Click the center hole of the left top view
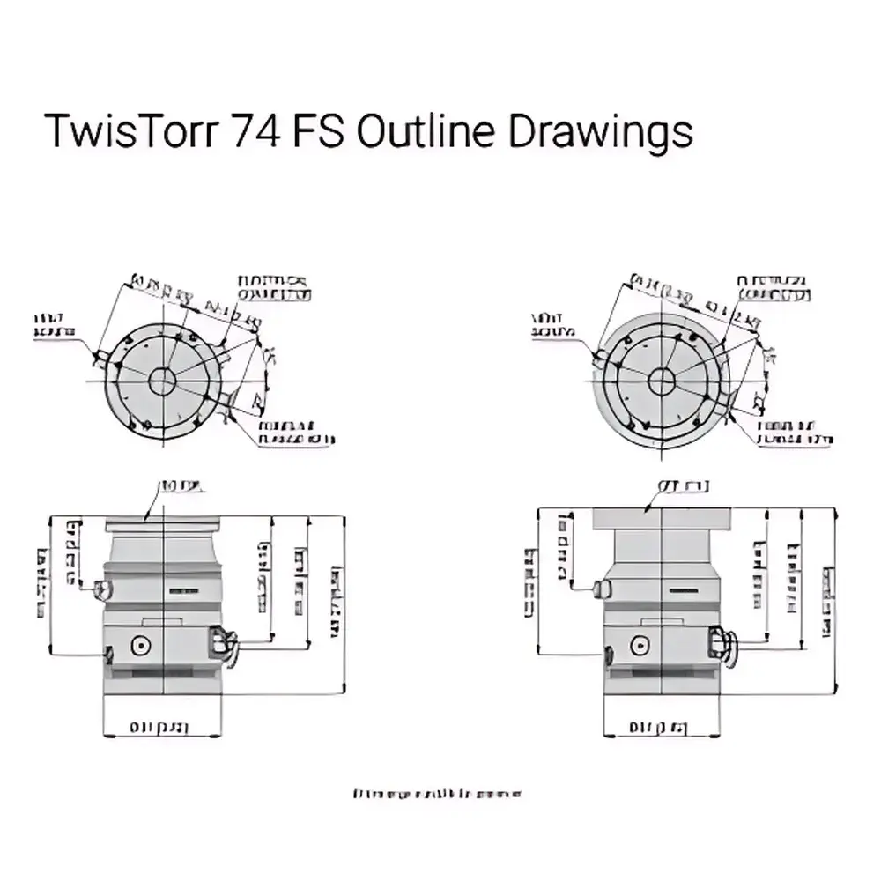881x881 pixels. pos(162,381)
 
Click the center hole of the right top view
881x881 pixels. pos(663,381)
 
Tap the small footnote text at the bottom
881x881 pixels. pos(437,793)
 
